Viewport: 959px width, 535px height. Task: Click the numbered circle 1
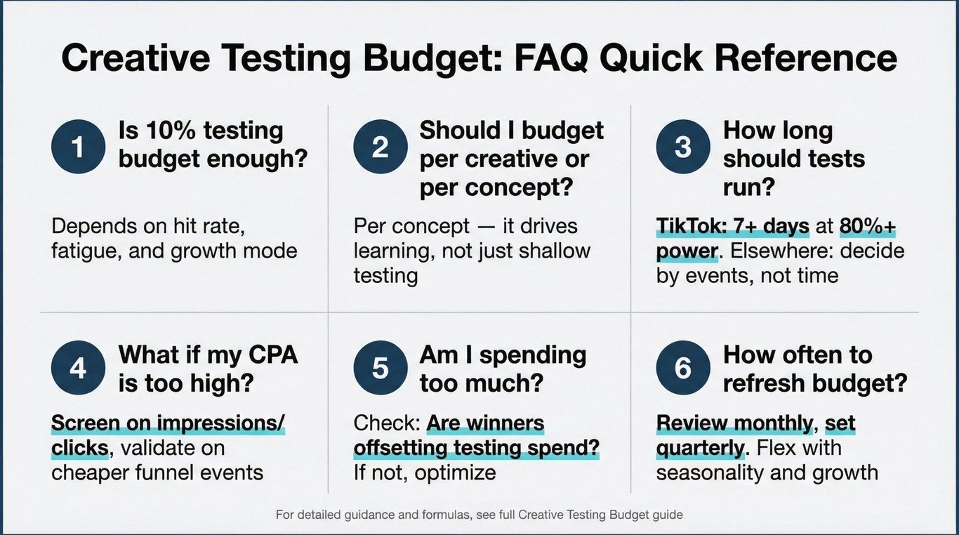tap(79, 146)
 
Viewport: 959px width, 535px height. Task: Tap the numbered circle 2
tap(381, 146)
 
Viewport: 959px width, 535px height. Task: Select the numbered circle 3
tap(683, 146)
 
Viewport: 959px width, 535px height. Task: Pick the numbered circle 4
tap(79, 368)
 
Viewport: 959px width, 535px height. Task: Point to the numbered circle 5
tap(381, 368)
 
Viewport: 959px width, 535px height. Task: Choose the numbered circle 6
tap(683, 368)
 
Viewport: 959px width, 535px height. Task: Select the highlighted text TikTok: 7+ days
tap(732, 226)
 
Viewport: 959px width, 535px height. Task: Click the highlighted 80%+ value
tap(867, 226)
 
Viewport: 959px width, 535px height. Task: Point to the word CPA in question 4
tap(272, 355)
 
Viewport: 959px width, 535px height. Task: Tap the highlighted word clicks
tap(79, 448)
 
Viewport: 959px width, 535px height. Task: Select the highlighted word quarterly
tap(700, 449)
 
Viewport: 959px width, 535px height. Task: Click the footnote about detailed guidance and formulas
tap(479, 515)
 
